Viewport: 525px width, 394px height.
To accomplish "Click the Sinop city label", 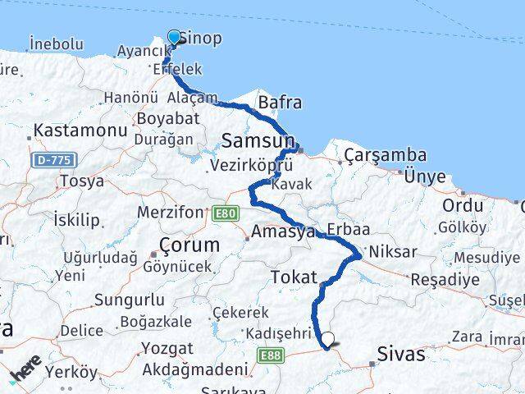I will (x=199, y=38).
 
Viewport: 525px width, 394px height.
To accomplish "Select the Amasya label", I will (x=284, y=232).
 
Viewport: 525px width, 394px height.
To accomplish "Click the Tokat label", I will (x=293, y=275).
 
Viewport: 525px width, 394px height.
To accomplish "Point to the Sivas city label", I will (x=401, y=355).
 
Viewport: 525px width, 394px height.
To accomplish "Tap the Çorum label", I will (x=189, y=245).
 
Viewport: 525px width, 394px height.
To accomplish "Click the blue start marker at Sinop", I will (x=174, y=37).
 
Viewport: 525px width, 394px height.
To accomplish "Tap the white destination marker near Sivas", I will (x=328, y=338).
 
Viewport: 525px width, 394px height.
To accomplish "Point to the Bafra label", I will (x=279, y=103).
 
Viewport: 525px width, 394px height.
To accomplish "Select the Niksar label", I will (x=394, y=252).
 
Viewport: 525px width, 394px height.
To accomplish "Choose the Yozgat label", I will (x=167, y=348).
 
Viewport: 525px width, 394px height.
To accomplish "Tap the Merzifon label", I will (x=170, y=213).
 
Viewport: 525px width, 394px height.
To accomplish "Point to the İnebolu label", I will (x=56, y=44).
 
